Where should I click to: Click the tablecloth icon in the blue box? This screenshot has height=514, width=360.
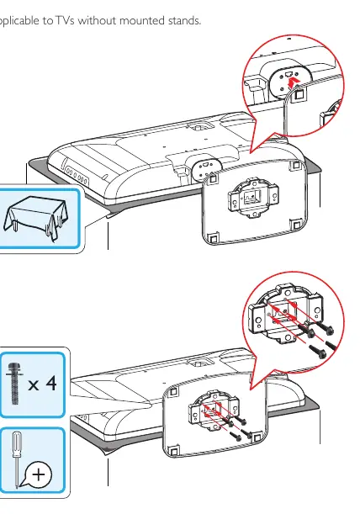[x=35, y=217]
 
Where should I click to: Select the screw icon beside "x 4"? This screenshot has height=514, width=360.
[x=13, y=384]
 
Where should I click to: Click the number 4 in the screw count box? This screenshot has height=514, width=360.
[x=50, y=383]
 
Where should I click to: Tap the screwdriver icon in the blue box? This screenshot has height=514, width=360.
[x=16, y=459]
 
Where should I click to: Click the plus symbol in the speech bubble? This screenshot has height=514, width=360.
[x=39, y=474]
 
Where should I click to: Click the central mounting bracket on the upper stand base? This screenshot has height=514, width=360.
[x=253, y=198]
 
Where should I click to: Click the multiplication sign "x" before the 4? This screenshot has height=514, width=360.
[x=34, y=384]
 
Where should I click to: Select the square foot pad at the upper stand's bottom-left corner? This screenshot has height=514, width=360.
[x=213, y=238]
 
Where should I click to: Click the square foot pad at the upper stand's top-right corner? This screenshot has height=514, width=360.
[x=297, y=165]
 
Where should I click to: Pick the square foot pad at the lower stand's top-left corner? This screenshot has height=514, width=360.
[x=173, y=391]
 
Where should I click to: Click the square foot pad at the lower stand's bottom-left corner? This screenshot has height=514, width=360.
[x=174, y=451]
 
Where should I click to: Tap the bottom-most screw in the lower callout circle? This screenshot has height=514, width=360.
[x=317, y=351]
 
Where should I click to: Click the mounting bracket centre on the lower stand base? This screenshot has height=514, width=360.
[x=214, y=409]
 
